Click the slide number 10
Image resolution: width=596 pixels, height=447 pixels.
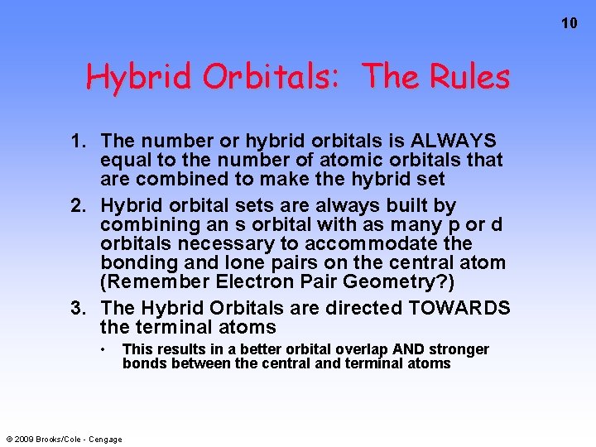pyautogui.click(x=569, y=23)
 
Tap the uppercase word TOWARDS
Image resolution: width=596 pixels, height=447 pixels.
pyautogui.click(x=459, y=309)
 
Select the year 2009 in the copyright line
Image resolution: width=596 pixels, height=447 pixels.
pyautogui.click(x=24, y=439)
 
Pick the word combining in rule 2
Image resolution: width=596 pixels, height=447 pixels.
pyautogui.click(x=146, y=224)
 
